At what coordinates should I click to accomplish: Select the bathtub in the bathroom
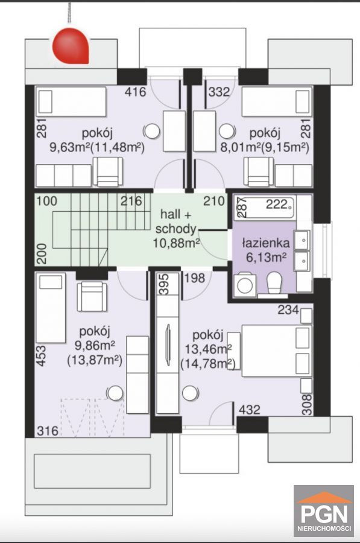(x=265, y=208)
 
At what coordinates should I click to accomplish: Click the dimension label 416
(x=135, y=92)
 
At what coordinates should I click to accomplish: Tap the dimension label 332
(x=219, y=92)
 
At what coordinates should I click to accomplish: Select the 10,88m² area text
(x=176, y=243)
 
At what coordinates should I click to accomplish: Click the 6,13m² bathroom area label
(x=266, y=257)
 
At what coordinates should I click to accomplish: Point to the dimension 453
(x=41, y=355)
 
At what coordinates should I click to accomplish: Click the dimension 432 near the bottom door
(x=249, y=410)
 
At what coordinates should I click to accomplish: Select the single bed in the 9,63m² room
(x=71, y=102)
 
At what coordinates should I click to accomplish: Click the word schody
(x=176, y=229)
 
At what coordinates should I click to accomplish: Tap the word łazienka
(x=265, y=243)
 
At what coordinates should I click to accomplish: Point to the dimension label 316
(x=48, y=431)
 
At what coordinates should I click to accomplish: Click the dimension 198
(x=194, y=278)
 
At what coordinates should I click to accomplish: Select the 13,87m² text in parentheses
(x=95, y=361)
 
